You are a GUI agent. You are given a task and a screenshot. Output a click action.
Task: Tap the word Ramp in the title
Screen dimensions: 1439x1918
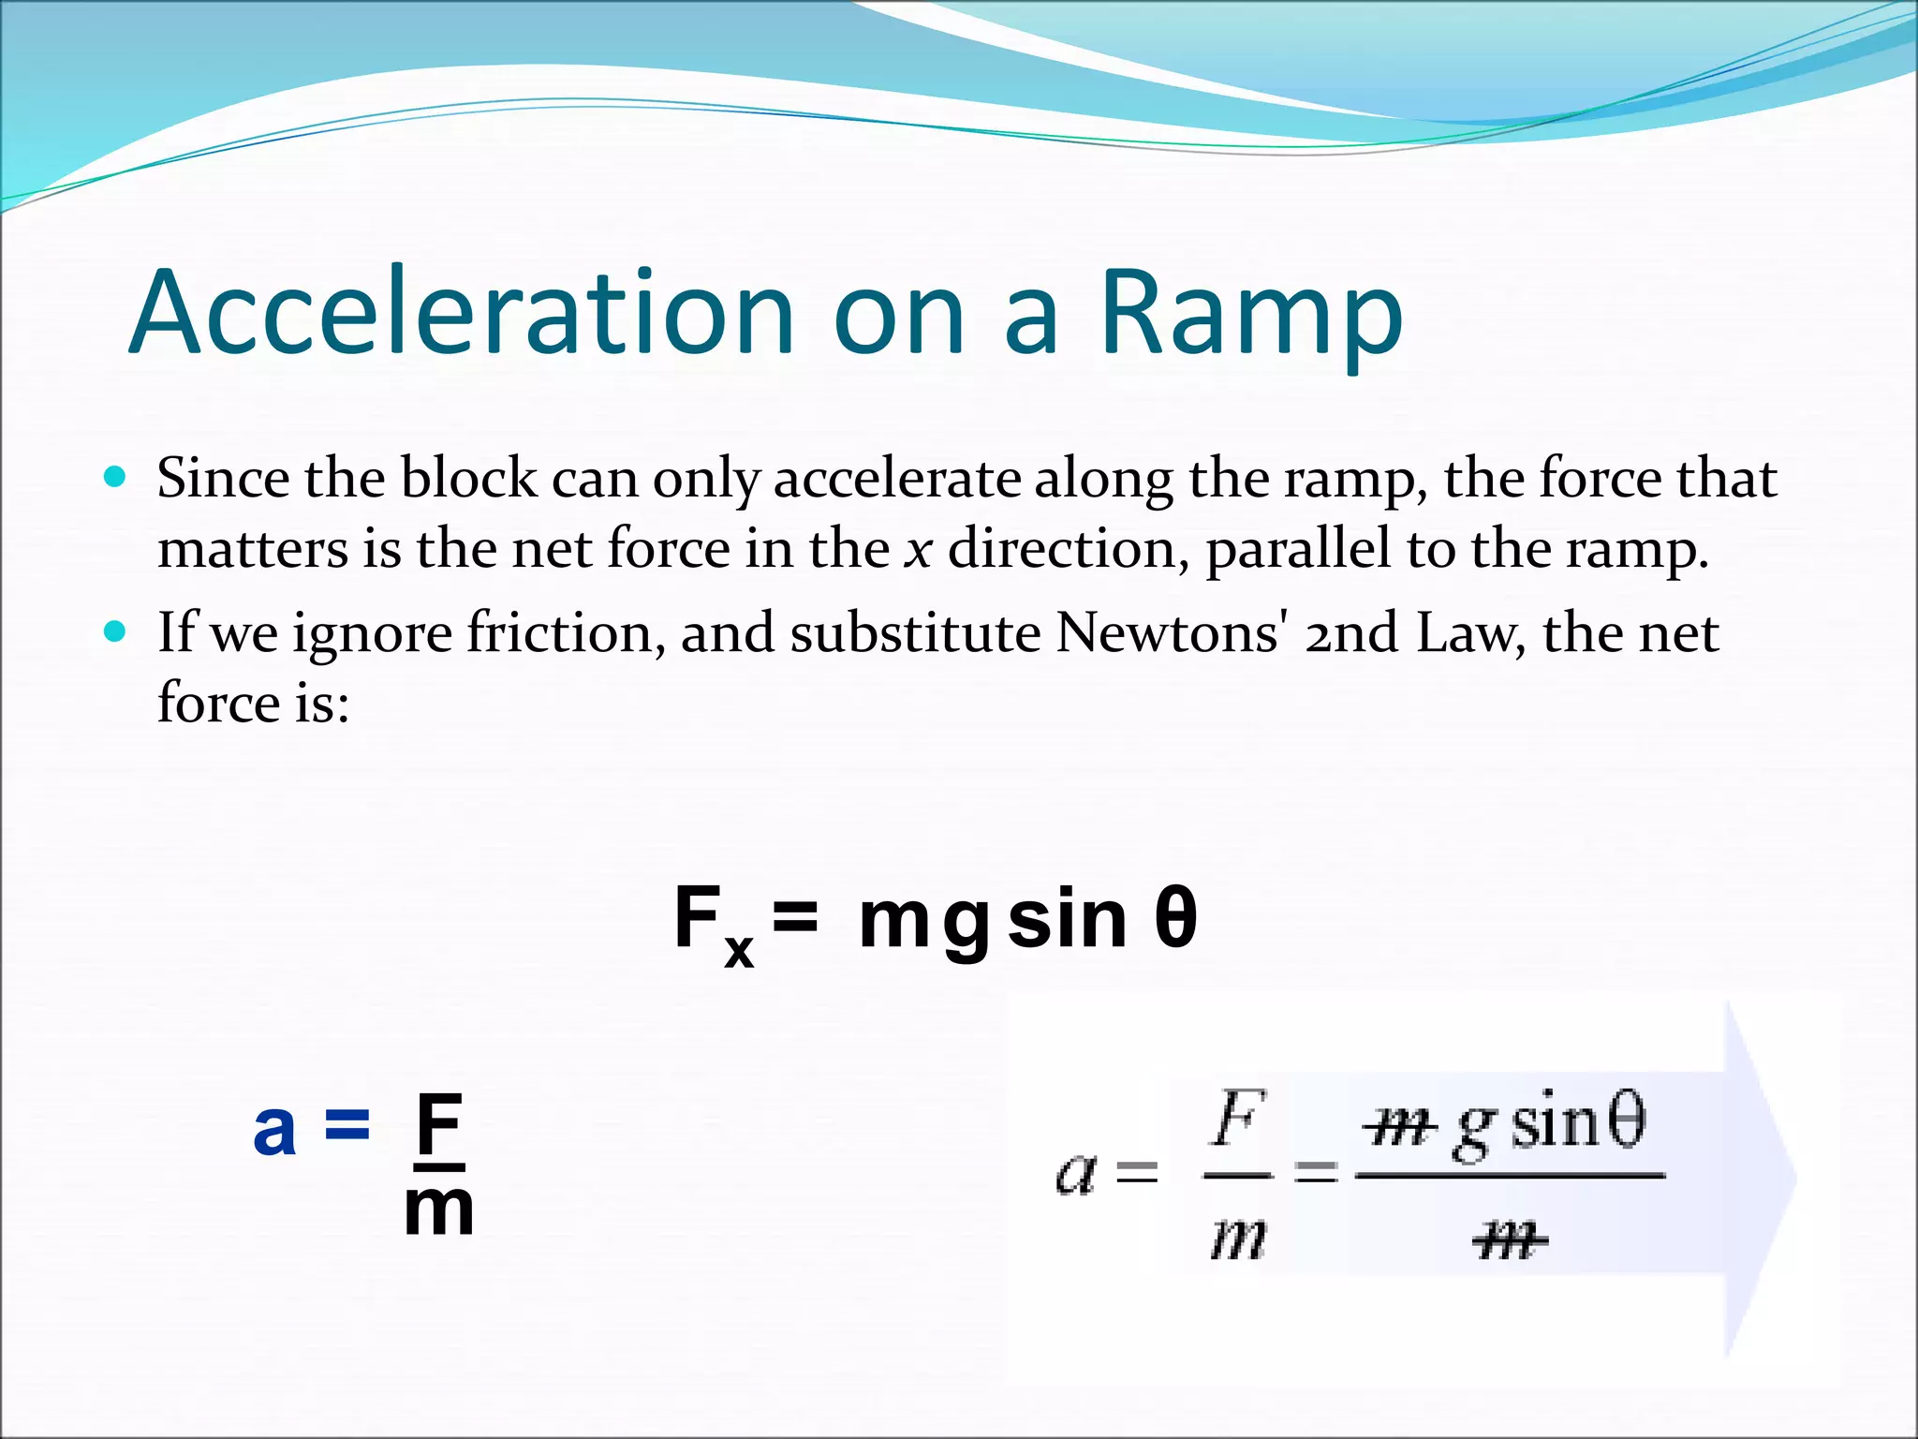coord(1251,315)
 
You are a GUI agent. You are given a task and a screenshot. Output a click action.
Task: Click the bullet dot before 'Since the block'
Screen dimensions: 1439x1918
coord(115,478)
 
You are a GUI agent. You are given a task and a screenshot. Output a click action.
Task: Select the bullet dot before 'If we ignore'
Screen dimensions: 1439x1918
coord(115,632)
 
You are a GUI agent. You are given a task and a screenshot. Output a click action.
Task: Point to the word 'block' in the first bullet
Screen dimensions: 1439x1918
coord(469,479)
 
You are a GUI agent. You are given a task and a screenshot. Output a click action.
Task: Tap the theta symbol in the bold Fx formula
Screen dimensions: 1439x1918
coord(1174,919)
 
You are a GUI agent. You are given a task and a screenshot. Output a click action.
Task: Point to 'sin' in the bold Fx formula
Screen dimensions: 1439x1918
coord(1067,919)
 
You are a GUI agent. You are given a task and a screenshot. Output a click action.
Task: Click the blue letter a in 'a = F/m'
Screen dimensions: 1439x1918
coord(274,1129)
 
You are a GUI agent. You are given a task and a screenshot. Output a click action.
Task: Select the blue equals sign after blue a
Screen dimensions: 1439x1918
coord(347,1126)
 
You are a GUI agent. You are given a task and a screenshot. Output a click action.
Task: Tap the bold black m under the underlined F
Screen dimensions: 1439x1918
coord(438,1209)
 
